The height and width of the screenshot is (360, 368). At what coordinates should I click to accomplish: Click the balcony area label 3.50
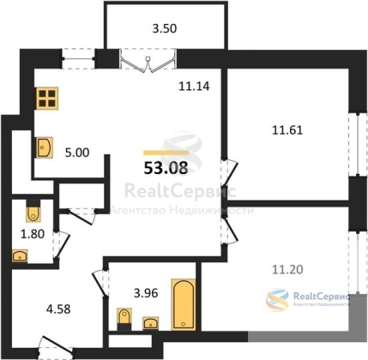(x=165, y=28)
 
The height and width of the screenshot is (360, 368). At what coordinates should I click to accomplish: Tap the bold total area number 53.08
(x=166, y=168)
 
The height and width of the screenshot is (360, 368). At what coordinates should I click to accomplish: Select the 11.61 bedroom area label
(x=287, y=130)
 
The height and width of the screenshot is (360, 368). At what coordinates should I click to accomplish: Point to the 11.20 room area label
(x=287, y=269)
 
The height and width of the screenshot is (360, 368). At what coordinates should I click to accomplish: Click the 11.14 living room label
(x=194, y=86)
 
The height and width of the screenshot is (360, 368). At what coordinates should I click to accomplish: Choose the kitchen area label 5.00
(x=77, y=153)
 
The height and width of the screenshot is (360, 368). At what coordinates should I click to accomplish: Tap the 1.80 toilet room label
(x=33, y=234)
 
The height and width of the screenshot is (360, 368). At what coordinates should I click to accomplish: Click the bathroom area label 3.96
(x=146, y=293)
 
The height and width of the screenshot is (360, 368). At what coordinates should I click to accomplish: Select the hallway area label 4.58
(x=58, y=309)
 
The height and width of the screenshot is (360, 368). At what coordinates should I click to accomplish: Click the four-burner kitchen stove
(x=47, y=98)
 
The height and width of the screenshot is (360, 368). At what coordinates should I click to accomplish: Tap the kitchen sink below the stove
(x=45, y=147)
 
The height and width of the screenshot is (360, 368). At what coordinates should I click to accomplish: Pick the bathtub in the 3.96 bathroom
(x=184, y=304)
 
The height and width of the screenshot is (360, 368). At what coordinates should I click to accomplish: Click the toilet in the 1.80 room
(x=33, y=211)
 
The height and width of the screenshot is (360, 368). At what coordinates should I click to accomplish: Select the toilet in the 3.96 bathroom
(x=124, y=319)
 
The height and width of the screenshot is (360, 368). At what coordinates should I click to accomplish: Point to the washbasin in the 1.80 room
(x=20, y=255)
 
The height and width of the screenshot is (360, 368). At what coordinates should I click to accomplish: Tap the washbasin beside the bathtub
(x=151, y=323)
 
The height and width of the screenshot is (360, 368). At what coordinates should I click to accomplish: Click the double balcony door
(x=148, y=61)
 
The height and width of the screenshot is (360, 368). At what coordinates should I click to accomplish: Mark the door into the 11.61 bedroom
(x=229, y=171)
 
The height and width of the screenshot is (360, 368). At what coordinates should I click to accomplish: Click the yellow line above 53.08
(x=166, y=153)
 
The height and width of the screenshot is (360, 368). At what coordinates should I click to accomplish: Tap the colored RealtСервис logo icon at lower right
(x=277, y=300)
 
